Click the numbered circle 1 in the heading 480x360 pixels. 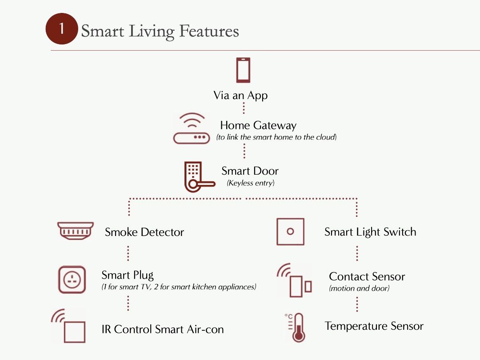[62, 29]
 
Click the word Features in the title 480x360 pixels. [209, 32]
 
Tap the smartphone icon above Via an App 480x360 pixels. [243, 70]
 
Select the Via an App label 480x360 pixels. [240, 95]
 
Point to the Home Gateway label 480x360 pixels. [258, 125]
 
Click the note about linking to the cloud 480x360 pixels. [276, 137]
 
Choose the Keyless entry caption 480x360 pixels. [251, 183]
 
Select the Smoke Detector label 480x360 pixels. [144, 232]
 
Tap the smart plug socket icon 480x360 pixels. [72, 280]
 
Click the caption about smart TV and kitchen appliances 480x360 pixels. [179, 287]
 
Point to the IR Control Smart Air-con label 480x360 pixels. [163, 329]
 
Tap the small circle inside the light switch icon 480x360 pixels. [290, 232]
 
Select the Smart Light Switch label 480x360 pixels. [370, 232]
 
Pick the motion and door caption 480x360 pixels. [359, 288]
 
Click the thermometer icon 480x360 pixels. [296, 328]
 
